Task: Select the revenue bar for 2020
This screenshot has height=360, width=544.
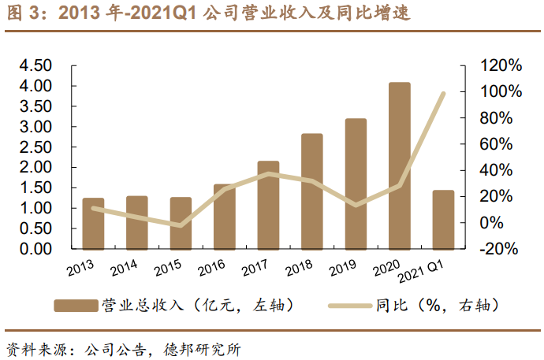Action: click(x=400, y=165)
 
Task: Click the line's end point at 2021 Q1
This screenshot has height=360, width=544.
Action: click(x=443, y=93)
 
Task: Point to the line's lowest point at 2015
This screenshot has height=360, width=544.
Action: click(x=181, y=225)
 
